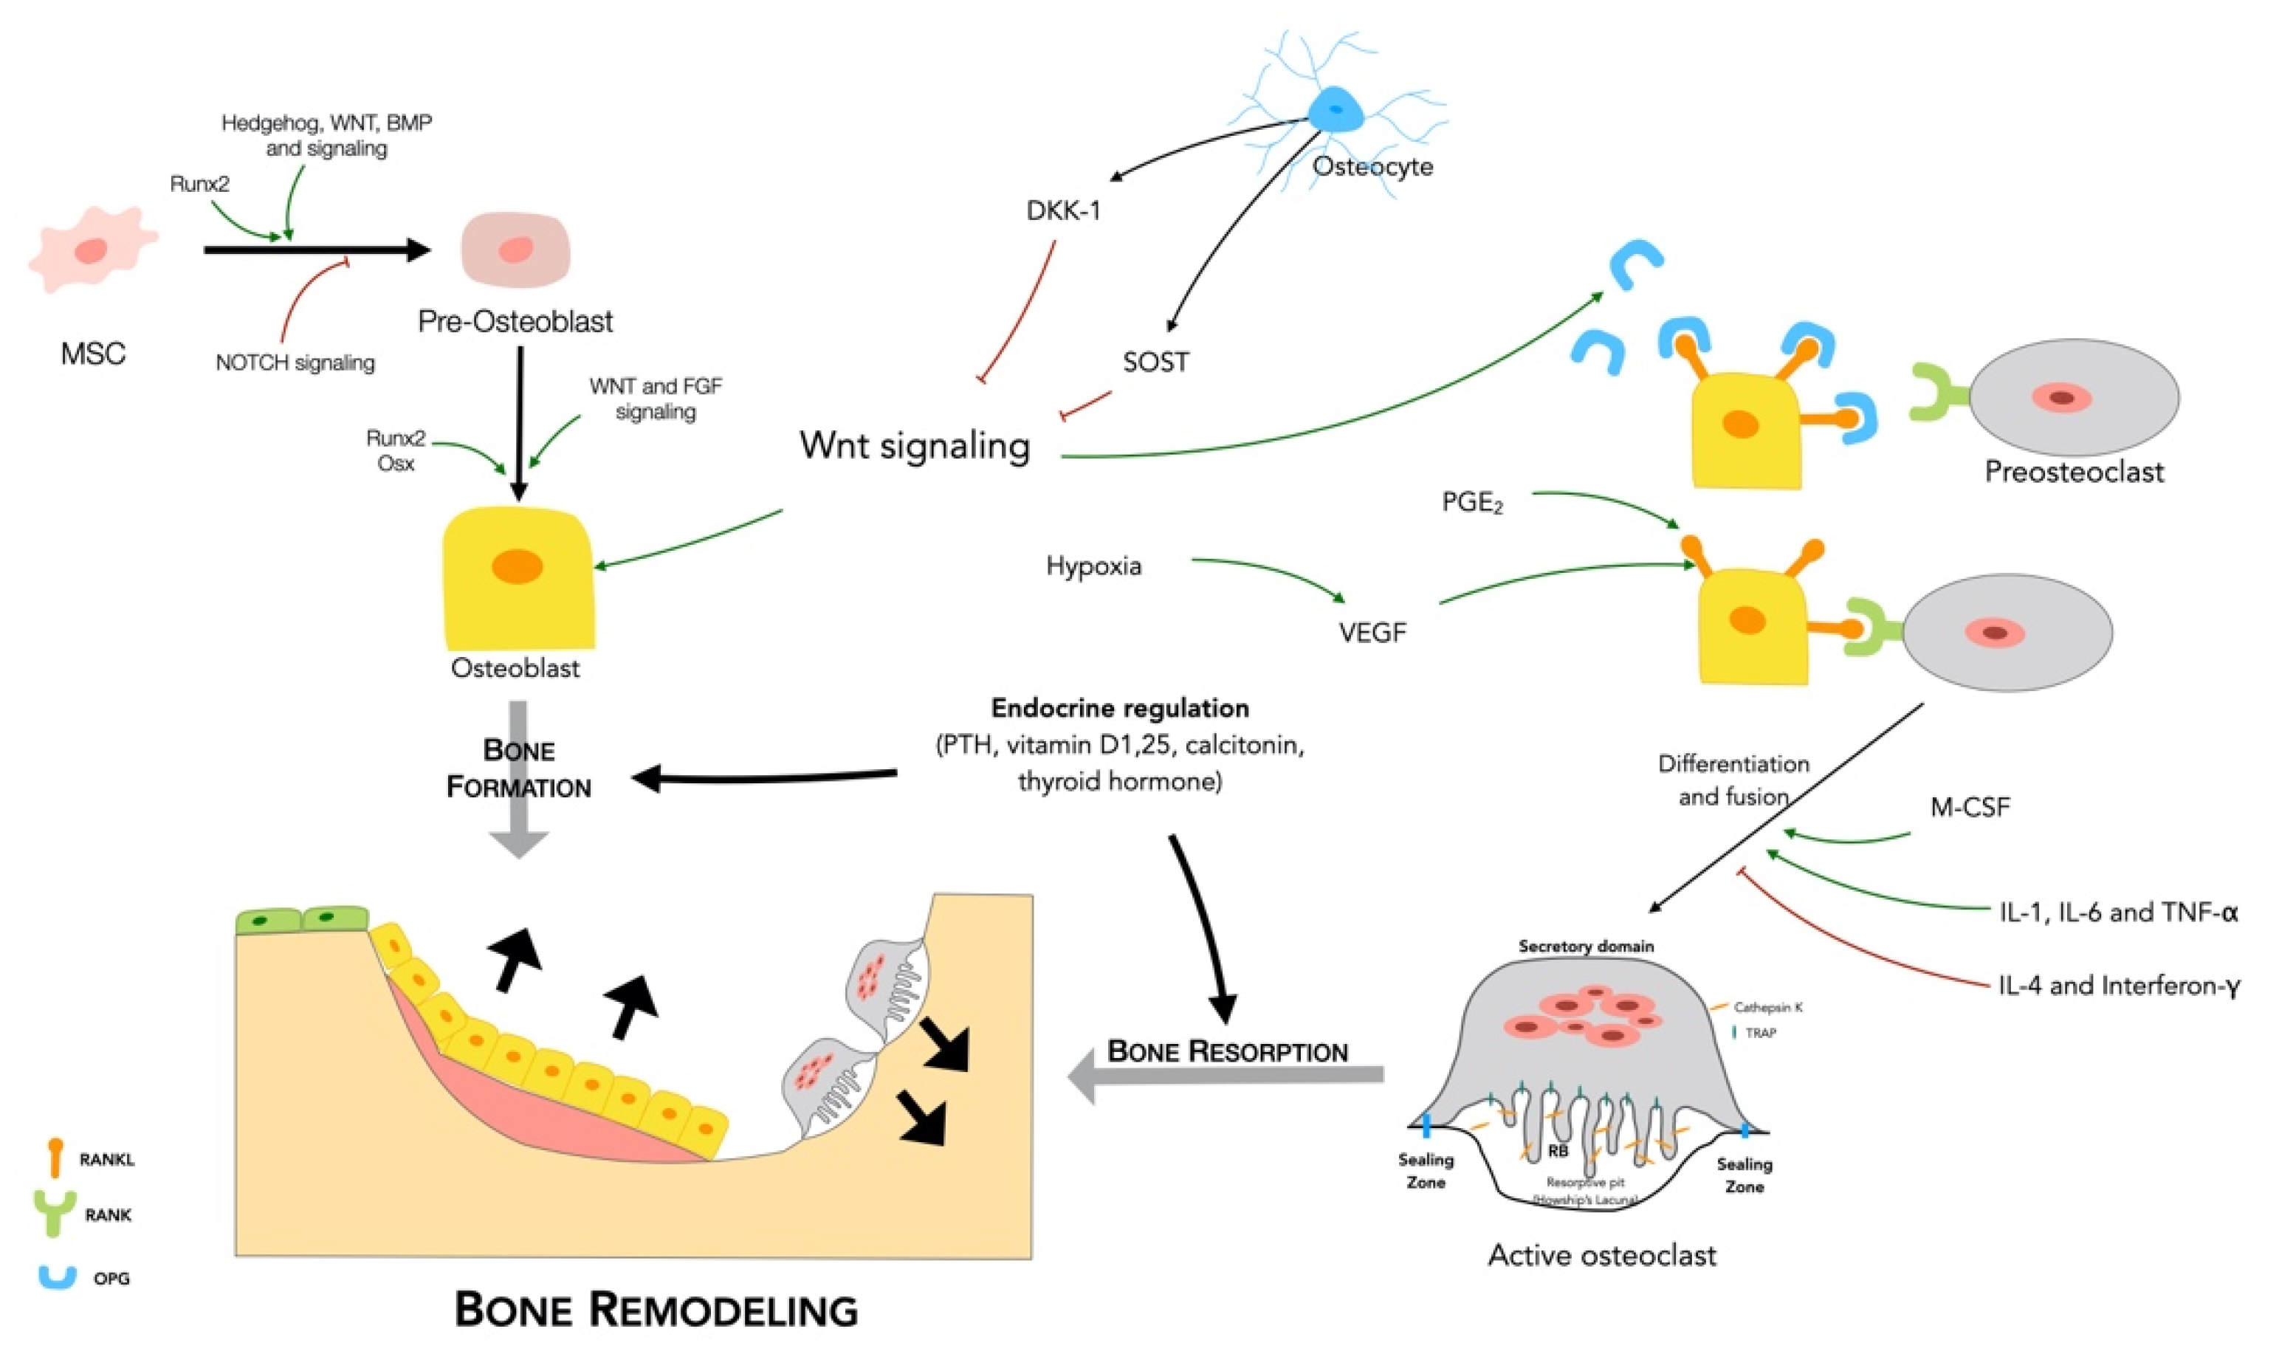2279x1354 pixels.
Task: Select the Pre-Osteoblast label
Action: tap(515, 321)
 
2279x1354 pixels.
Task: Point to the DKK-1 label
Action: tap(1063, 210)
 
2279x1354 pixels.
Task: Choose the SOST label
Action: tap(1155, 362)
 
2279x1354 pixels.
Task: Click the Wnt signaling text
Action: tap(915, 446)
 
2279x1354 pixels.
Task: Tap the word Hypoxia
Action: tap(1093, 566)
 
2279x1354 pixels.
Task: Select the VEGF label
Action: tap(1372, 632)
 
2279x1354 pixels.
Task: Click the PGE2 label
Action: tap(1471, 503)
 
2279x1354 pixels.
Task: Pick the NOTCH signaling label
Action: tap(295, 363)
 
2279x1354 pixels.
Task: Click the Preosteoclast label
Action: tap(2074, 472)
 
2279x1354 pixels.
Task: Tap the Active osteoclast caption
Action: tap(1602, 1256)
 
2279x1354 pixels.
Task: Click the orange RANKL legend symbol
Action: tap(55, 1157)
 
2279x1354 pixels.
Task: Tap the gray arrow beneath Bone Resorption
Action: tap(1223, 1076)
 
